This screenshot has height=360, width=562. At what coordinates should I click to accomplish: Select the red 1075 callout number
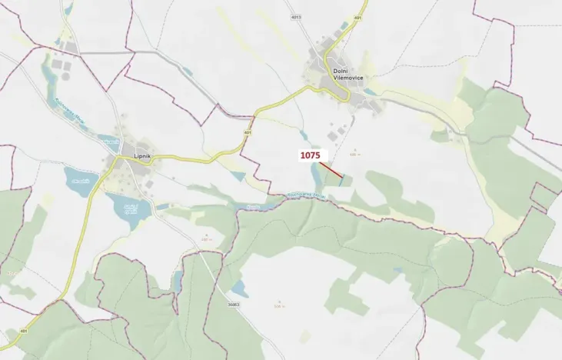310,155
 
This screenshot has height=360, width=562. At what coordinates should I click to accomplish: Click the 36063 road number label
234,305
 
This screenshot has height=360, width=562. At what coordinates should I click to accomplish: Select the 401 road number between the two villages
248,132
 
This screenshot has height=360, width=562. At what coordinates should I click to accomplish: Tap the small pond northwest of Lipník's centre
109,141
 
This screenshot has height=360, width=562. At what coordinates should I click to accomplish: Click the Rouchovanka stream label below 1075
306,196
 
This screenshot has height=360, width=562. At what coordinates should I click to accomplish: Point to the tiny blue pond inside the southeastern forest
398,270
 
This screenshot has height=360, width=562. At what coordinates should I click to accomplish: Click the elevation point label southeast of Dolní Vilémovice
354,153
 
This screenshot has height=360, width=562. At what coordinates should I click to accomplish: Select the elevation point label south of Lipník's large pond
206,239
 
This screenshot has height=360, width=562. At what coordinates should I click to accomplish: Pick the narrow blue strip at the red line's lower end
341,181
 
